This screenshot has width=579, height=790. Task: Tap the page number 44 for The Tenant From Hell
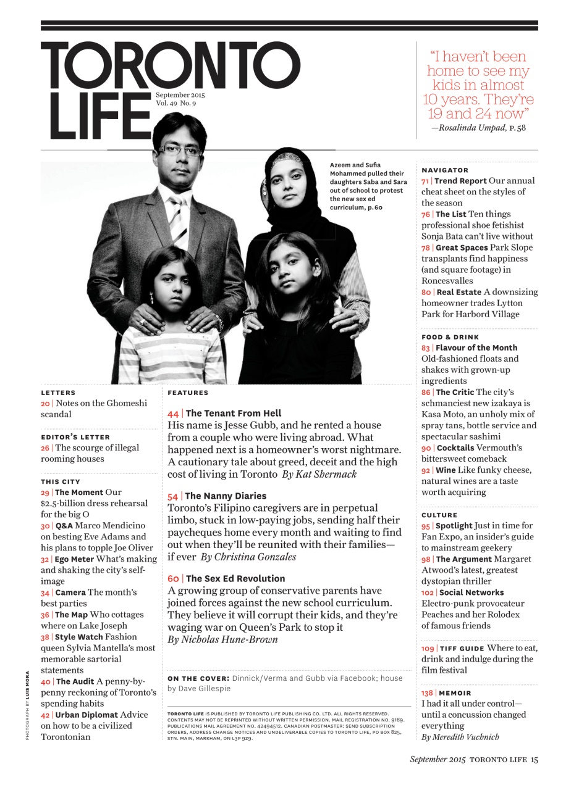[x=173, y=414]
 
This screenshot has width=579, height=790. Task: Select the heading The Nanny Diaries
[x=226, y=496]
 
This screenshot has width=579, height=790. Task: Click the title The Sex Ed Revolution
[x=235, y=579]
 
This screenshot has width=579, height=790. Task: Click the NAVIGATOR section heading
[x=445, y=170]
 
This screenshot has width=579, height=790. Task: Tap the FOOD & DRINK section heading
[x=450, y=337]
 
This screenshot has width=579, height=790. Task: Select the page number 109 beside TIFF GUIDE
[x=428, y=648]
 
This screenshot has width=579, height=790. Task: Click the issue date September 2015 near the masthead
[x=180, y=95]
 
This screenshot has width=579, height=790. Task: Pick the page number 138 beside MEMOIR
[x=428, y=693]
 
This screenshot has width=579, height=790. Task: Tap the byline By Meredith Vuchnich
[x=460, y=737]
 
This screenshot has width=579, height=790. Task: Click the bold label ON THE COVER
[x=198, y=678]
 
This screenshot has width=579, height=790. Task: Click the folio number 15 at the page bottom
[x=534, y=760]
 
